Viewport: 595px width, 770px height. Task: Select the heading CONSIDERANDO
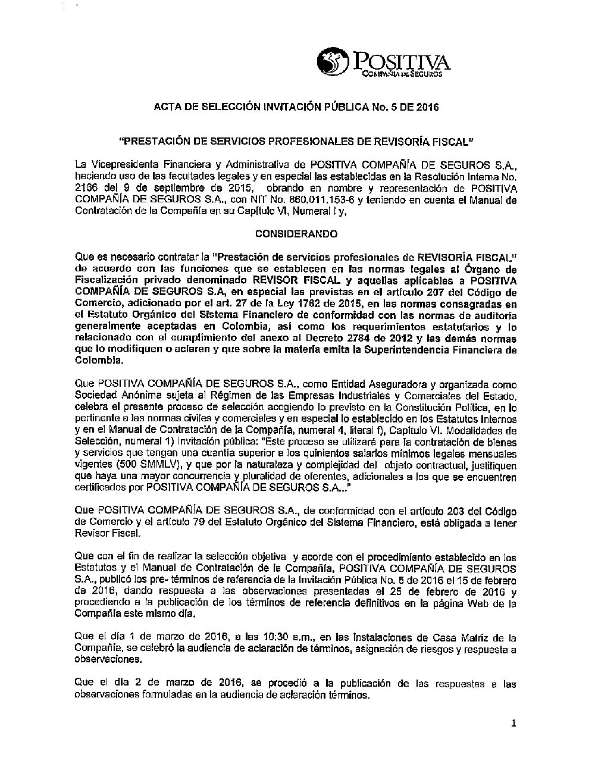(296, 234)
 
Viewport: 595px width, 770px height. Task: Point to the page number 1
(513, 723)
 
